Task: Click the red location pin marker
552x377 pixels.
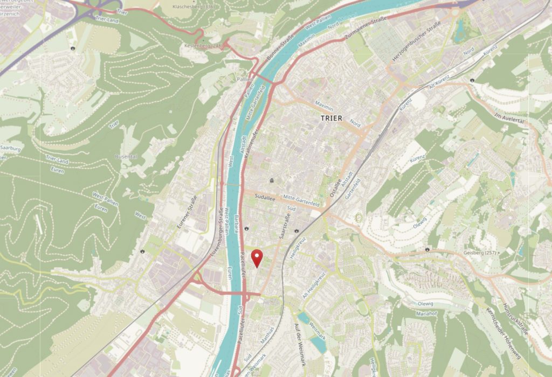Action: coord(258,258)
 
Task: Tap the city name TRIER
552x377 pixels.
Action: coord(331,118)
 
